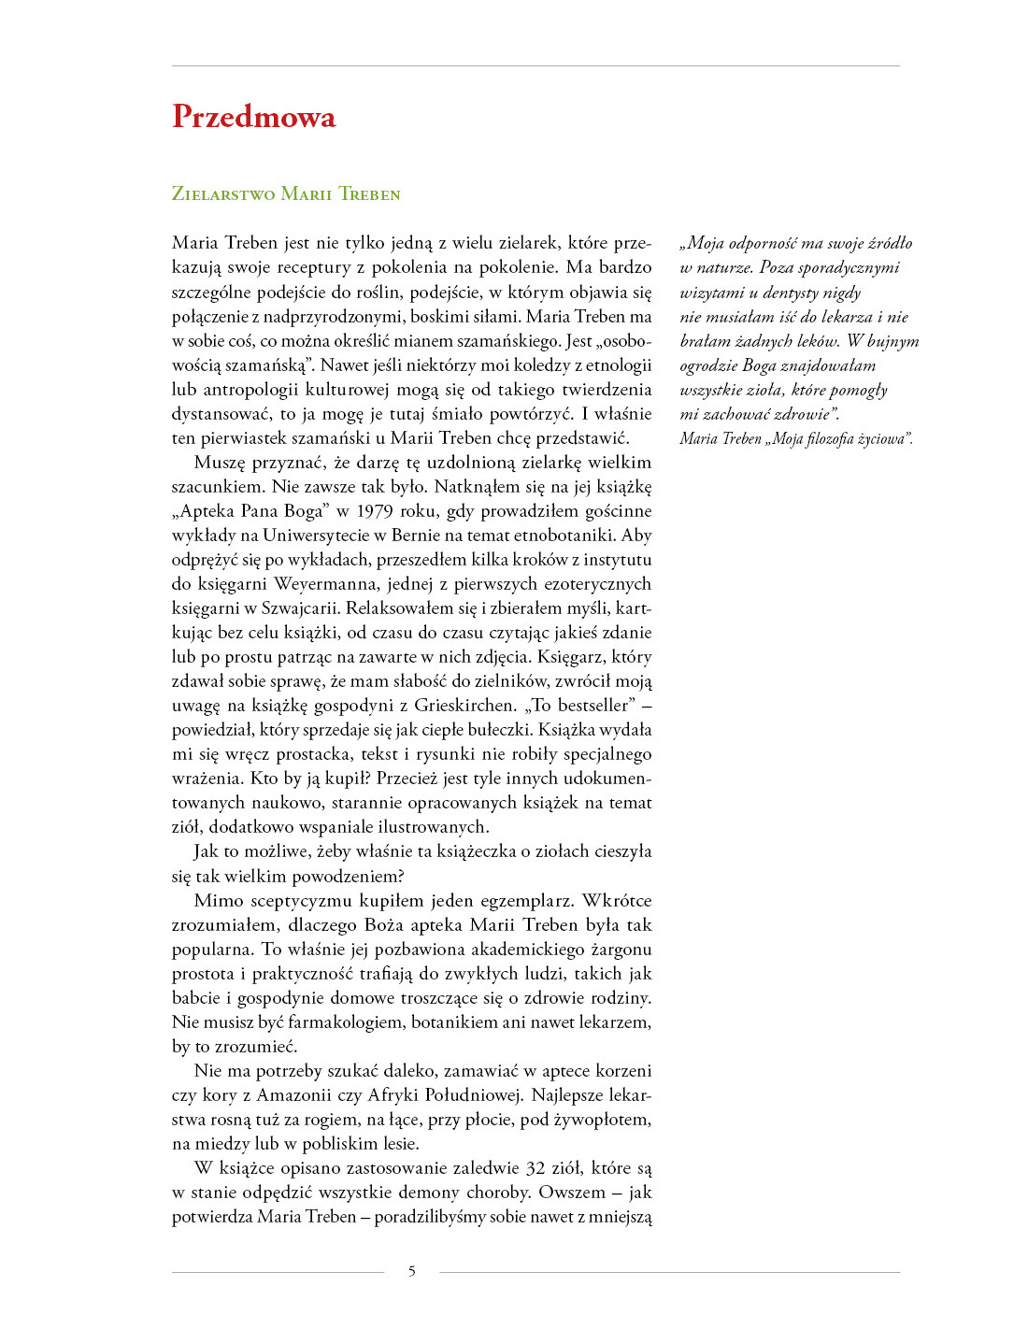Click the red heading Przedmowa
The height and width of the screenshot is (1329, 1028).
[x=253, y=117]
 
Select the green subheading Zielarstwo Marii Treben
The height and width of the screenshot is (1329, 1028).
[x=286, y=194]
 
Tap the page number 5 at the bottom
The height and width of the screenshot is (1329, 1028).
[x=412, y=1271]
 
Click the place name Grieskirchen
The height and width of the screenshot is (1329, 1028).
[x=465, y=706]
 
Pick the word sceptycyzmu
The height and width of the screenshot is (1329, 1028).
[x=299, y=901]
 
